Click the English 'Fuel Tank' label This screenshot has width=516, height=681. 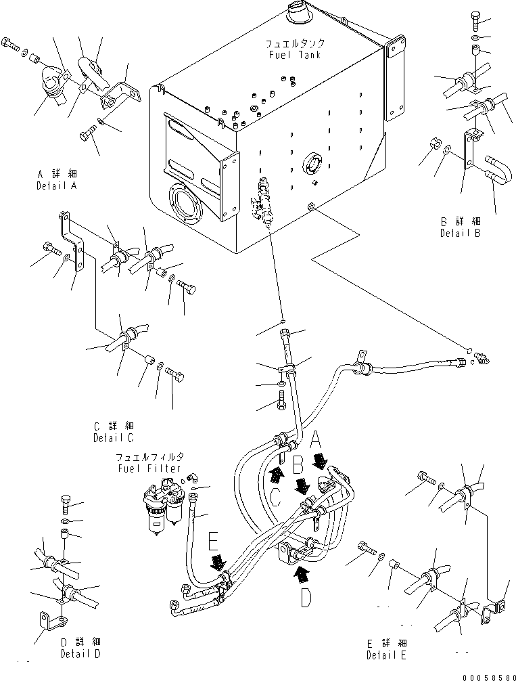pos(294,55)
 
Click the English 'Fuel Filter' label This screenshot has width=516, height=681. pos(148,468)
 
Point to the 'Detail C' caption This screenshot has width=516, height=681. pos(114,437)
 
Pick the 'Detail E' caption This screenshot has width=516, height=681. pos(387,655)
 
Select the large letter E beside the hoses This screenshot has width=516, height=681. pos(214,542)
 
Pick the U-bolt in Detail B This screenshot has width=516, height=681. pos(492,171)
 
